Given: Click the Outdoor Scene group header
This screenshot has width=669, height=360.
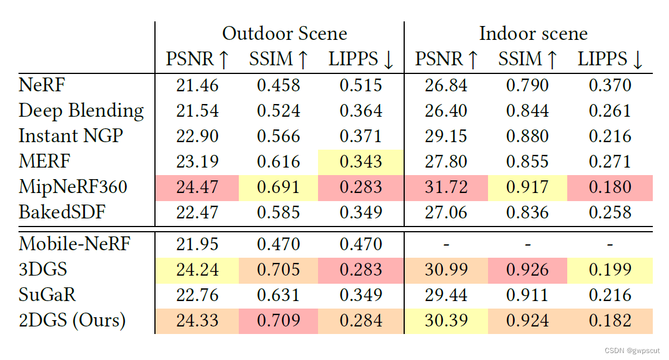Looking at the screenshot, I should point(284,33).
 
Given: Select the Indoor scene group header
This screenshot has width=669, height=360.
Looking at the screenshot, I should point(533,33).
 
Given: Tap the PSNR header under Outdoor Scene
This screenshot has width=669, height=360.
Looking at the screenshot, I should point(197,59).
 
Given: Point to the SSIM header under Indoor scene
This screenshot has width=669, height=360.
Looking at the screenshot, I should point(528,59).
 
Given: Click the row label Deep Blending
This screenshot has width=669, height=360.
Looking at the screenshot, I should point(81,110).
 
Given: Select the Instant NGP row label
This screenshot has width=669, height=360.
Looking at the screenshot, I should point(71,136).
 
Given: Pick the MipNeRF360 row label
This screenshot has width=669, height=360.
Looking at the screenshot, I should point(73,187).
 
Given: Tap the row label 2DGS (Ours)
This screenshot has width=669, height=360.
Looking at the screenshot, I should point(72,320).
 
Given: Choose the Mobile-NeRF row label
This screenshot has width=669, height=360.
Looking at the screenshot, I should point(75,243).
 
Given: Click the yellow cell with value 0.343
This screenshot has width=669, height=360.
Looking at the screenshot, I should point(361,161).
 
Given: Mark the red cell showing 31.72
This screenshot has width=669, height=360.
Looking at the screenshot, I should point(446,187).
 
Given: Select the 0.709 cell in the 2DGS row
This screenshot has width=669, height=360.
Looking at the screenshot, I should point(279,320).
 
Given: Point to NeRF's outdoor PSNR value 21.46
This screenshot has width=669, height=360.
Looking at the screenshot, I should point(197,86).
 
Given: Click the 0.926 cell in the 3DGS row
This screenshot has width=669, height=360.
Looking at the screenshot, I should point(528,269).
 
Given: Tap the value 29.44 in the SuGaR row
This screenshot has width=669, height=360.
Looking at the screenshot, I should point(446,294).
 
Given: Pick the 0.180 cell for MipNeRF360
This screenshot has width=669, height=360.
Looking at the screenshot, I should point(611,187).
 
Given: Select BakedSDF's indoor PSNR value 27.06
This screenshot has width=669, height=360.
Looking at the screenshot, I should point(446,213).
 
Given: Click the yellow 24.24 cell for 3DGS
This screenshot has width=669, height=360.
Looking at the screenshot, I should point(197,269).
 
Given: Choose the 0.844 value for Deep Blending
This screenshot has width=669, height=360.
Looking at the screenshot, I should point(528,110).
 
